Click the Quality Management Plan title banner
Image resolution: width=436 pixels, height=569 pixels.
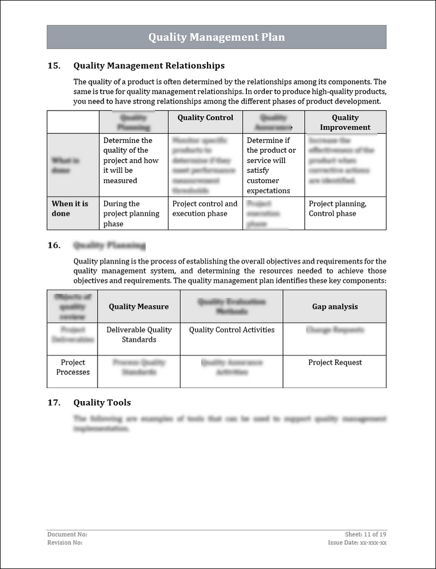(216, 37)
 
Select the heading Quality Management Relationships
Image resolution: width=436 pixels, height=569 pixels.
(149, 66)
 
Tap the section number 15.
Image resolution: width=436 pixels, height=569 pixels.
(54, 66)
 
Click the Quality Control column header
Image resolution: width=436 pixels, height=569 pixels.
(205, 118)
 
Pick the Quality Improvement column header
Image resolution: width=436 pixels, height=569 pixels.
(345, 122)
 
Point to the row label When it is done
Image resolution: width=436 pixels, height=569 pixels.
(70, 209)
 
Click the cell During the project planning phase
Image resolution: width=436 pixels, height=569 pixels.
(131, 214)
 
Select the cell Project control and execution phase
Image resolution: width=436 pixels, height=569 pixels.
(205, 209)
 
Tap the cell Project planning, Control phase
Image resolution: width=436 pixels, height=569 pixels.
(337, 209)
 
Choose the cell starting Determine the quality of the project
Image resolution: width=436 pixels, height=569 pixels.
(131, 160)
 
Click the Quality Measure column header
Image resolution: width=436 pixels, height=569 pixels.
(138, 307)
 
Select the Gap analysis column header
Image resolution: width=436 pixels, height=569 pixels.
(335, 307)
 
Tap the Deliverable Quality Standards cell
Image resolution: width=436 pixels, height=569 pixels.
(139, 335)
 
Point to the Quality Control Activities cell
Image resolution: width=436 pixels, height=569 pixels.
(232, 330)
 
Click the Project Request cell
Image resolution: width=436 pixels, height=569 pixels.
(335, 362)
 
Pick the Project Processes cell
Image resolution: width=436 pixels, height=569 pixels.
(73, 367)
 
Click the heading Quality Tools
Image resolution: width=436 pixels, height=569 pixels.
(102, 403)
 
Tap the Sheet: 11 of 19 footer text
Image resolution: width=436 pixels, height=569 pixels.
(366, 535)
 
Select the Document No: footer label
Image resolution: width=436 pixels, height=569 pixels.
(67, 535)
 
